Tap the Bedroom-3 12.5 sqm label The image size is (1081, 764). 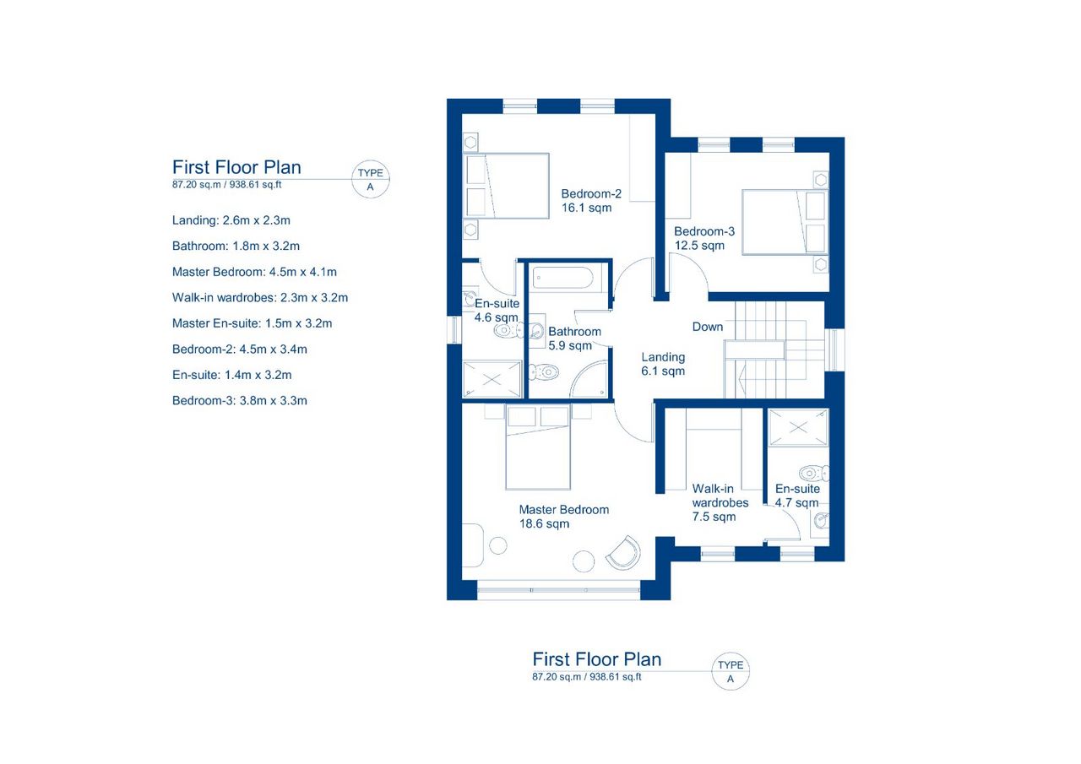click(x=704, y=238)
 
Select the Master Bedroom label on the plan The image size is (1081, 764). click(x=563, y=517)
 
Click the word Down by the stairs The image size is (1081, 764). click(x=708, y=327)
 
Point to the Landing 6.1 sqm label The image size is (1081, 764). click(x=663, y=364)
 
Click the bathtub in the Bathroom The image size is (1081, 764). click(x=562, y=279)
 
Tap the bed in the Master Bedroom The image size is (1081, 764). click(x=538, y=448)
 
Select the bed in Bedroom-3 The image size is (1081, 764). click(x=785, y=222)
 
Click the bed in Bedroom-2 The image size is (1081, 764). click(x=506, y=186)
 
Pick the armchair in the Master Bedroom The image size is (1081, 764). click(x=623, y=553)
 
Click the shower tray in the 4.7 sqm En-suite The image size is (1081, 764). click(x=798, y=427)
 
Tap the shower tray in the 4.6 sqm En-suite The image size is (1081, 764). click(x=492, y=379)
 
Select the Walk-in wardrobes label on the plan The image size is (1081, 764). click(x=720, y=502)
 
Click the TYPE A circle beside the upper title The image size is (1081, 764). click(x=370, y=179)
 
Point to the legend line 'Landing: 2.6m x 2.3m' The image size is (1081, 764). click(x=231, y=220)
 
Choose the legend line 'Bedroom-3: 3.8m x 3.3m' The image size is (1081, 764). click(x=239, y=400)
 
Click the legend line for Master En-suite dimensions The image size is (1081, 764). click(x=252, y=323)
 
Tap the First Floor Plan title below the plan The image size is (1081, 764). click(x=596, y=658)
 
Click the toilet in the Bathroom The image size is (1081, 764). click(x=545, y=372)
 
